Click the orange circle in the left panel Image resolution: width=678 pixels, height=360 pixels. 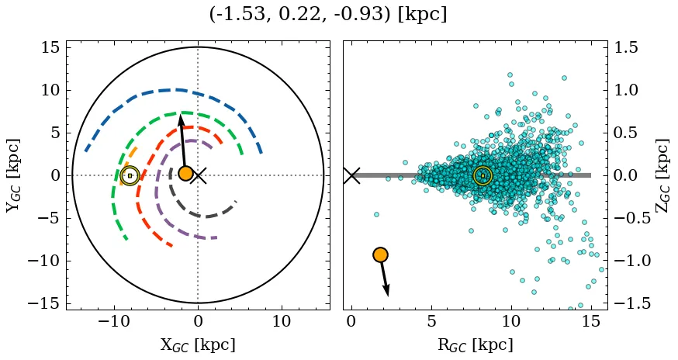[185, 173]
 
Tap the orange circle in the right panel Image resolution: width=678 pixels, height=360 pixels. [380, 254]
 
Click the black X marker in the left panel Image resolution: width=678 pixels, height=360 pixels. [199, 175]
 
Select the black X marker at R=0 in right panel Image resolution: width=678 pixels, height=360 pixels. [351, 175]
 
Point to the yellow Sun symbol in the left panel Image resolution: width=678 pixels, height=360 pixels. [130, 175]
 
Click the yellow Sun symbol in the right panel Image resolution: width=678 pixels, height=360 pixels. [483, 175]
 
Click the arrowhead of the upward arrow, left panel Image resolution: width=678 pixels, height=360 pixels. [180, 119]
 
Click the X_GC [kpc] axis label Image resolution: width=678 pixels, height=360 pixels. [198, 344]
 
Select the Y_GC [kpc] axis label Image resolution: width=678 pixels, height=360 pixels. [12, 175]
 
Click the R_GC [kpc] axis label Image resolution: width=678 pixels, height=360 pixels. [475, 344]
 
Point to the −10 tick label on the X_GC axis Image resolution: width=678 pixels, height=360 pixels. [112, 321]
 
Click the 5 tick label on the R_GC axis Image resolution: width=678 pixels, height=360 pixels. [431, 321]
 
